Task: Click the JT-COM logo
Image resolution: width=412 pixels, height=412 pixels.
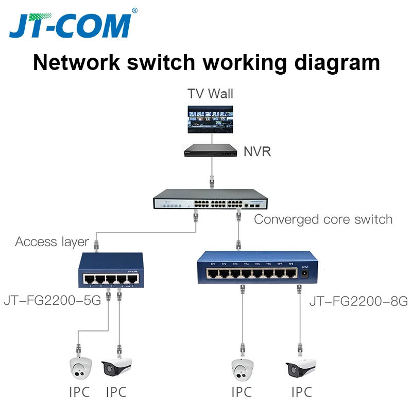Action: tap(70, 25)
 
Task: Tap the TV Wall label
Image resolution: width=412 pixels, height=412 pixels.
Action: tap(210, 93)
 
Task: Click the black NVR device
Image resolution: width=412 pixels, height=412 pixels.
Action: tap(211, 150)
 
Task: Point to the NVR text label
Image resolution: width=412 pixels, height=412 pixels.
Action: tap(257, 151)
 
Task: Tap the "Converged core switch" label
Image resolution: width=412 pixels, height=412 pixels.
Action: tap(323, 219)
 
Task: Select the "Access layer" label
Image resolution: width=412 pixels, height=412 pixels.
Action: tap(52, 241)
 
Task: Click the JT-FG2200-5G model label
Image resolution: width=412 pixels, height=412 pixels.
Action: tap(53, 300)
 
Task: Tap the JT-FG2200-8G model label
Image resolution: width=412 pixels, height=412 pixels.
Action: tap(358, 301)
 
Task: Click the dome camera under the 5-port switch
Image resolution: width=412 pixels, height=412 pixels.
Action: tap(80, 367)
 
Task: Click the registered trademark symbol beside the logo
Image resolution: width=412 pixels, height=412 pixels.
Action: tap(134, 10)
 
